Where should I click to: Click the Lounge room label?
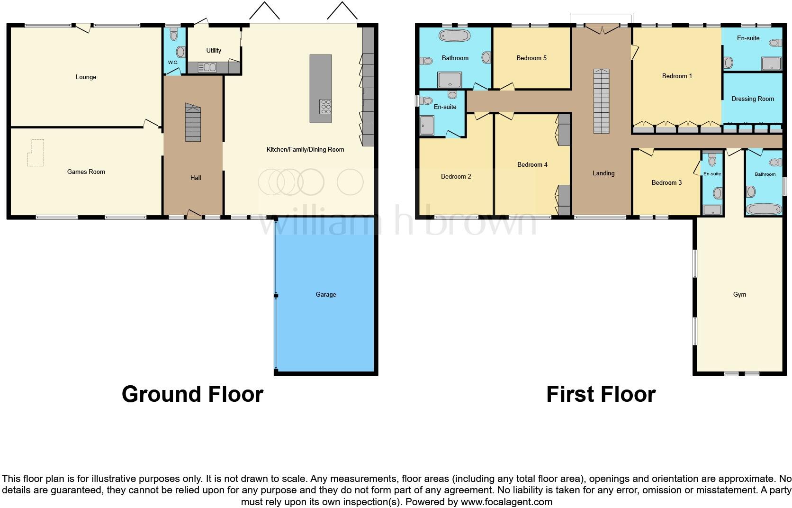pyautogui.click(x=86, y=77)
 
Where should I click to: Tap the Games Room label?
pyautogui.click(x=86, y=172)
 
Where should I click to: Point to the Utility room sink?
pyautogui.click(x=207, y=68)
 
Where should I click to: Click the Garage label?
pyautogui.click(x=326, y=294)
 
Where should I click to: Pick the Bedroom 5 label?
pyautogui.click(x=531, y=58)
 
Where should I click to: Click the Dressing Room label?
pyautogui.click(x=752, y=99)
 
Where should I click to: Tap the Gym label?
pyautogui.click(x=739, y=294)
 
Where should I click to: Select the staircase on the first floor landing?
pyautogui.click(x=601, y=101)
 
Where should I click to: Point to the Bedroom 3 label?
pyautogui.click(x=666, y=182)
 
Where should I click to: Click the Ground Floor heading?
pyautogui.click(x=192, y=394)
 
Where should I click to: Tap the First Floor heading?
pyautogui.click(x=601, y=394)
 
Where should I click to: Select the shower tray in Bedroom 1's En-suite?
pyautogui.click(x=772, y=63)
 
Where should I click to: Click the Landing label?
pyautogui.click(x=603, y=173)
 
